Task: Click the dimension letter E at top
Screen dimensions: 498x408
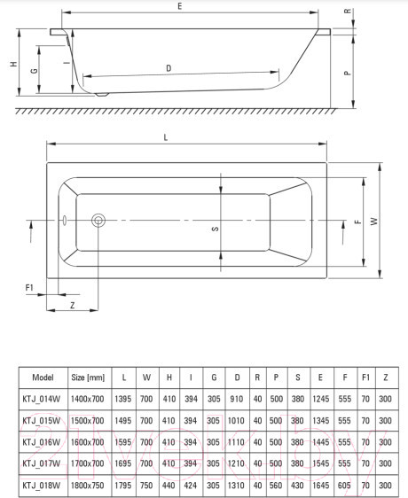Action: pos(179,7)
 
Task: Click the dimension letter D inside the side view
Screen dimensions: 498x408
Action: pos(169,68)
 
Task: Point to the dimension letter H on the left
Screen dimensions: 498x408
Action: pos(12,65)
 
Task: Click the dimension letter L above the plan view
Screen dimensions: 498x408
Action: pos(166,137)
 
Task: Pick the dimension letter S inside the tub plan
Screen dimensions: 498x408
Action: pos(214,229)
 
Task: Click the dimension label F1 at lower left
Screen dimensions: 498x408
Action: pos(28,288)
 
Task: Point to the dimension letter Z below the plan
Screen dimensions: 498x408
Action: pos(71,305)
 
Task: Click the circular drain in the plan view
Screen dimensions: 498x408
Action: pos(99,221)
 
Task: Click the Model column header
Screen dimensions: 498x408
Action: pos(43,376)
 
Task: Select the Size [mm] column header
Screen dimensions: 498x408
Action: pos(88,376)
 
